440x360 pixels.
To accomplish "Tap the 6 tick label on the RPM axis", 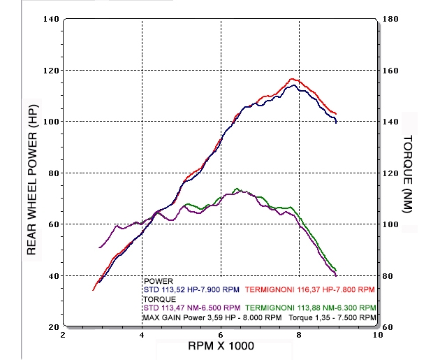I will pos(221,335).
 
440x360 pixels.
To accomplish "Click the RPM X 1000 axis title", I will pos(220,346).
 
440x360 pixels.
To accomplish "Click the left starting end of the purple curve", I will pos(100,247).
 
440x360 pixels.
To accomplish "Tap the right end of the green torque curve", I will pos(337,271).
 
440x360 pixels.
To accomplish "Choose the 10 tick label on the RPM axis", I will pos(378,335).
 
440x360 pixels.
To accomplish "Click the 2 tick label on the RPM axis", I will pos(64,335).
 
